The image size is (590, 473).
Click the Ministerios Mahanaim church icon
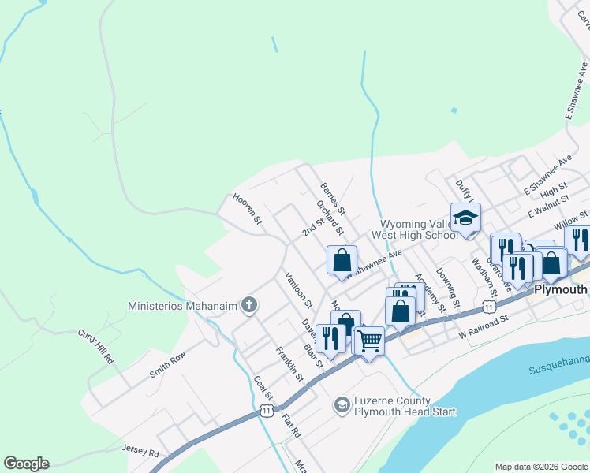[249, 305]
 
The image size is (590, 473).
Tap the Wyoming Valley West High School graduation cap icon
[465, 218]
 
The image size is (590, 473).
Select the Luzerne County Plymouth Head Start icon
[342, 406]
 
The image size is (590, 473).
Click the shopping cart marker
[368, 341]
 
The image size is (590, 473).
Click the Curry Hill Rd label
[96, 346]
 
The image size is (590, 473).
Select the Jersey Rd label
[140, 453]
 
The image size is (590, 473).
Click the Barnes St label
[334, 199]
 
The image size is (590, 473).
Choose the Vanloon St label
[299, 289]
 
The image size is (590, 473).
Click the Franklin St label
[289, 363]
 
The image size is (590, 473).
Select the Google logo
[26, 464]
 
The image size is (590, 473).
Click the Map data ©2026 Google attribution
[540, 467]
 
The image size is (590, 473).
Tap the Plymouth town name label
[561, 290]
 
